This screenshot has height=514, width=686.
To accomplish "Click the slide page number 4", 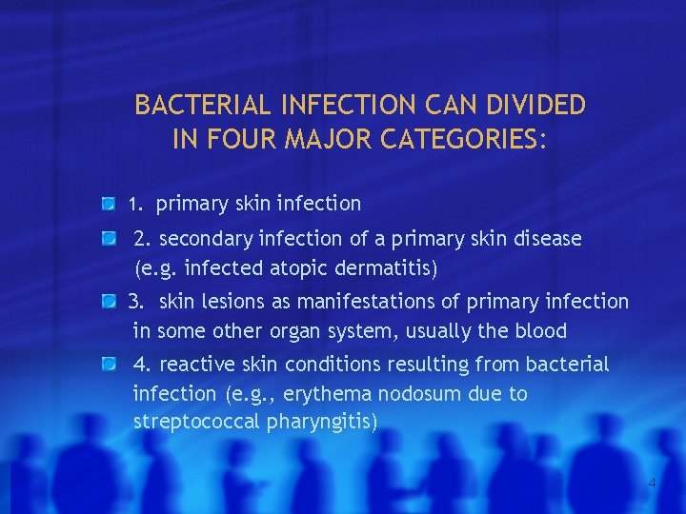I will point(652,484).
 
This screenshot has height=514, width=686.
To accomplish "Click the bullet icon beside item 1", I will point(110,203).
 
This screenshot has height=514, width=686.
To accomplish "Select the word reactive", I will point(195,365).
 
